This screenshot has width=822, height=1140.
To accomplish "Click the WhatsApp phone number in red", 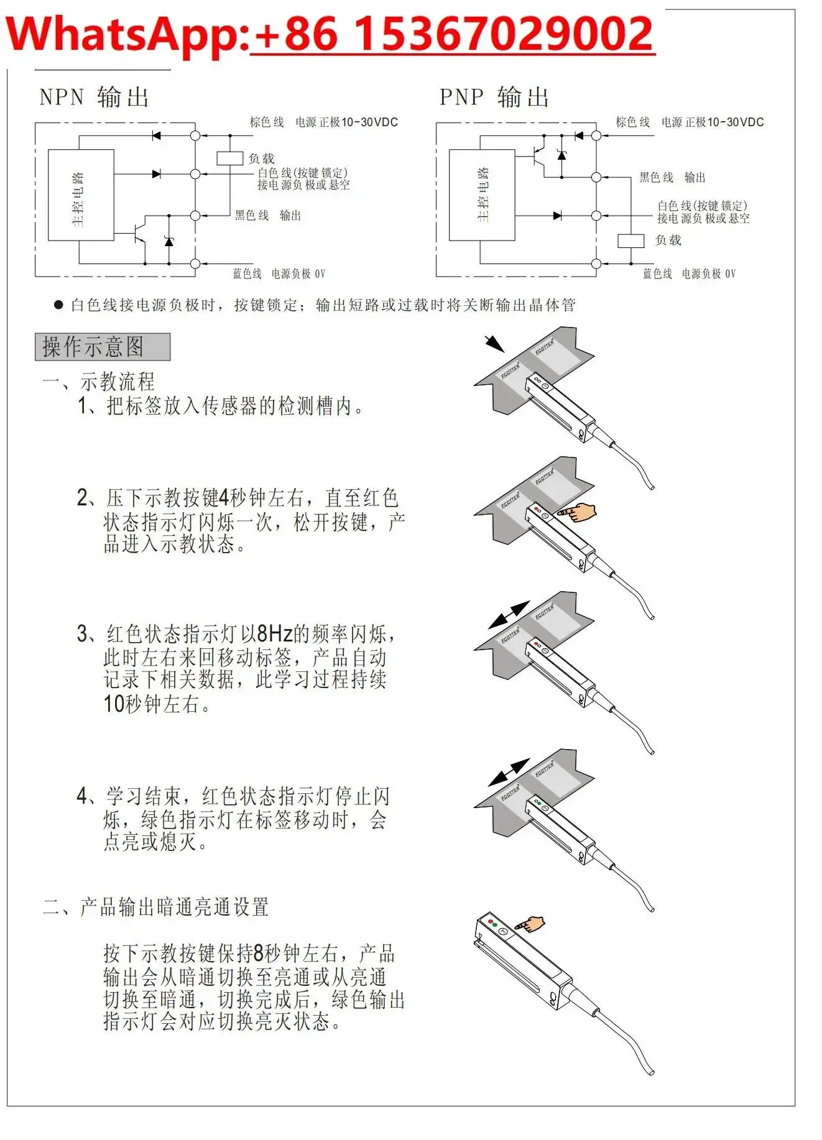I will click(x=452, y=35).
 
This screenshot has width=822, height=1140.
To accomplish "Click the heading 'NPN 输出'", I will click(x=94, y=98).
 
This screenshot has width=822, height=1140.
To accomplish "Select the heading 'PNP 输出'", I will click(x=494, y=98).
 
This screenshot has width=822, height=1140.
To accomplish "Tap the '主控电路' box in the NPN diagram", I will click(x=81, y=195).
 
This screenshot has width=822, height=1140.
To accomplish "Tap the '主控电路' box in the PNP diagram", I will click(x=482, y=195).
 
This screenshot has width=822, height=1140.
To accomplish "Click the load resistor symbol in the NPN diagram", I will click(x=229, y=158).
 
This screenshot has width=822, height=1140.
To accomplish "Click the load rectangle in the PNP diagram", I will click(x=630, y=241).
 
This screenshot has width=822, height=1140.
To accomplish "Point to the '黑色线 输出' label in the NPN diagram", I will click(x=268, y=216).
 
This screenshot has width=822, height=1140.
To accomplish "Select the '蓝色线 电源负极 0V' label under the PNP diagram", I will click(x=689, y=274).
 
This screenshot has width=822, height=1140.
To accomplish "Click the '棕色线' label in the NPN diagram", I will click(x=267, y=122).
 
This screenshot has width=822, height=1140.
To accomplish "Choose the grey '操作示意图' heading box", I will click(x=103, y=347).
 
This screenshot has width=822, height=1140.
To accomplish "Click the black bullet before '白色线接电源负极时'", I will click(x=58, y=305).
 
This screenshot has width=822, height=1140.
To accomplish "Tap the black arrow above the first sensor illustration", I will click(x=494, y=343).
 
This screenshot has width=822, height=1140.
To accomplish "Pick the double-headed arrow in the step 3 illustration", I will click(x=509, y=614).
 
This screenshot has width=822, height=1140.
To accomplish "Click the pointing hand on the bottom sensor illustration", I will click(x=530, y=924).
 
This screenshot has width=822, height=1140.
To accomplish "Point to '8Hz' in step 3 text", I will click(x=274, y=634).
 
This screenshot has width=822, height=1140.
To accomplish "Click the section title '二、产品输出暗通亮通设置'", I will click(x=155, y=907).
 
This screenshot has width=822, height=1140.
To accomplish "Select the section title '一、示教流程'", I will click(x=98, y=381).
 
